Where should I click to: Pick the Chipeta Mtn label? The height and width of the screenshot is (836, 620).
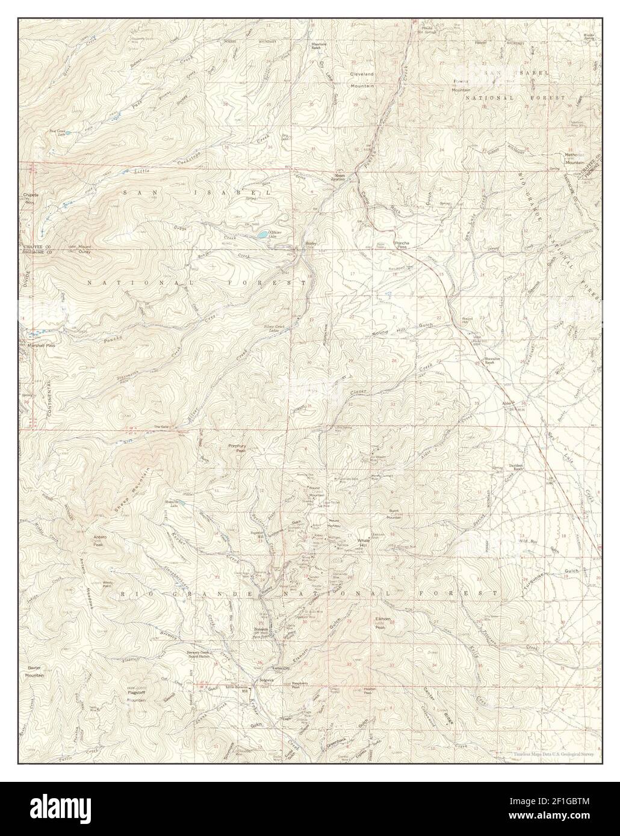pyautogui.click(x=30, y=197)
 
